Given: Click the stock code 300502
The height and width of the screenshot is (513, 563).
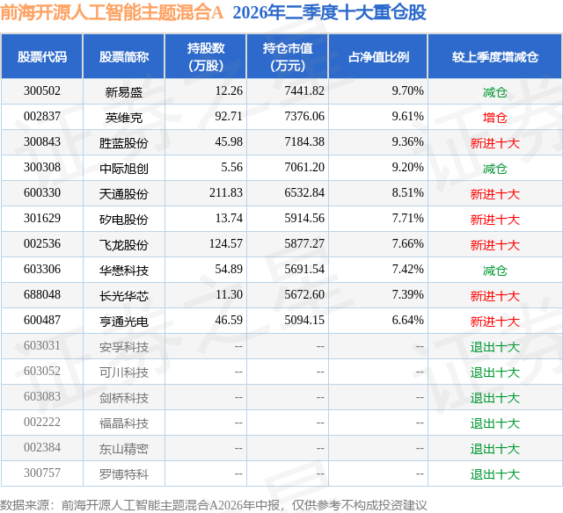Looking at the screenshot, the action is coord(42,90).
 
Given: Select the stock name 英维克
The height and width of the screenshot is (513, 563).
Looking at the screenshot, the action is coord(124,117).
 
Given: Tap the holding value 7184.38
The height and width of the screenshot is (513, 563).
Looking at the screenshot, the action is coord(304,141).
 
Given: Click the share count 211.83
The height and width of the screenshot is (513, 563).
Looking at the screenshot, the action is coord(226,192).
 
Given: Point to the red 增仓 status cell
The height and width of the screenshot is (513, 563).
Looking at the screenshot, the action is coord(494,117).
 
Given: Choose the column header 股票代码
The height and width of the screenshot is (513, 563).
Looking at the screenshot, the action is coord(42,56).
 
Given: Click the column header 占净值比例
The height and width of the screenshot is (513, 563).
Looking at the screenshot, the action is coord(378,56).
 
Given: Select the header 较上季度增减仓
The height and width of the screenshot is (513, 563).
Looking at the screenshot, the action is coord(494,56).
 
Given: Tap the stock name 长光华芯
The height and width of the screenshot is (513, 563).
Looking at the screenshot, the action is coord(124,296).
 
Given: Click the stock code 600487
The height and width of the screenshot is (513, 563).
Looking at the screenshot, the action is coord(42,320).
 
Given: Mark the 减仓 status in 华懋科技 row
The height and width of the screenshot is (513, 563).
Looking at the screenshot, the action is coord(494,271).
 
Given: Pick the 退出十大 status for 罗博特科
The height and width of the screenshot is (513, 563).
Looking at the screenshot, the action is coord(494,474).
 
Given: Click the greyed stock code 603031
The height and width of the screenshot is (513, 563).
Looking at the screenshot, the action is coord(42,345).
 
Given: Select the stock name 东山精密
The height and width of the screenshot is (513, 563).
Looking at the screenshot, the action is coord(124,449).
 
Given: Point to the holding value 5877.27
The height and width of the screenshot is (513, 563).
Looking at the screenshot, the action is coord(304,243).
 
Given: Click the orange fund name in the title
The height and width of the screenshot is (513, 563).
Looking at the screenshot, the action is coord(112,12).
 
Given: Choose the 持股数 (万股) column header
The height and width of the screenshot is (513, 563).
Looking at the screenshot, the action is coord(206,56).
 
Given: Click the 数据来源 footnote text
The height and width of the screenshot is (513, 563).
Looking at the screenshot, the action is coord(214,505).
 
